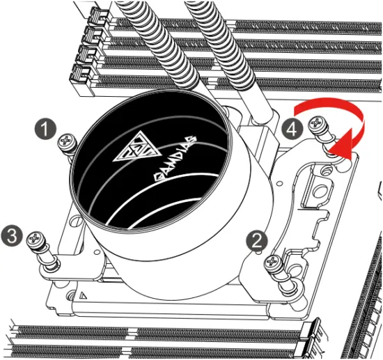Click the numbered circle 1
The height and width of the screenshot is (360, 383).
pos(47,128)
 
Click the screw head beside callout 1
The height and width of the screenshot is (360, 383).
pos(68,139)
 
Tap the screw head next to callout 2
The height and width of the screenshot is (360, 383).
pos(274,263)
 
